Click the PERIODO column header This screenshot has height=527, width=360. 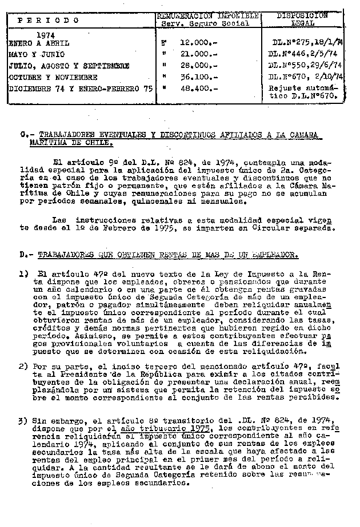click(48, 21)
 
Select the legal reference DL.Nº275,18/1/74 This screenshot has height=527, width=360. click(307, 43)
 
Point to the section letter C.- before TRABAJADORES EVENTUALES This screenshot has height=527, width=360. click(23, 135)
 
